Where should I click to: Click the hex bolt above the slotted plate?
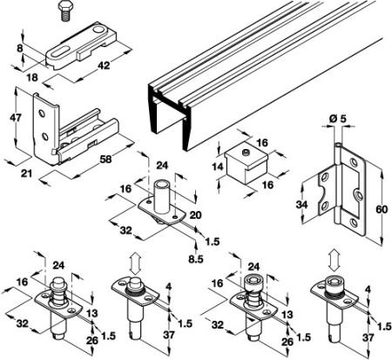coord(66,10)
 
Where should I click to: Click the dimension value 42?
coord(104,65)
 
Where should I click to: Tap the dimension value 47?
coord(16,118)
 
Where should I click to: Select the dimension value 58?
coord(105,160)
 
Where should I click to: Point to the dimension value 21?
coord(26,173)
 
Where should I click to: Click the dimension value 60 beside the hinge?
coord(382,209)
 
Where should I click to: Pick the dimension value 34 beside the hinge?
coord(301,205)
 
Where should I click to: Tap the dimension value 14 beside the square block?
coord(217,166)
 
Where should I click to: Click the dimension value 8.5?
coord(196,259)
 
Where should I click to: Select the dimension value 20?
coord(195,215)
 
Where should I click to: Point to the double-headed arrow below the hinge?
coord(335,260)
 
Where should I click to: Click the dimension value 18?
coord(32,78)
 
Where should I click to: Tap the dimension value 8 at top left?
coord(19,48)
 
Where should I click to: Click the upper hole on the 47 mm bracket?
coord(43,113)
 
